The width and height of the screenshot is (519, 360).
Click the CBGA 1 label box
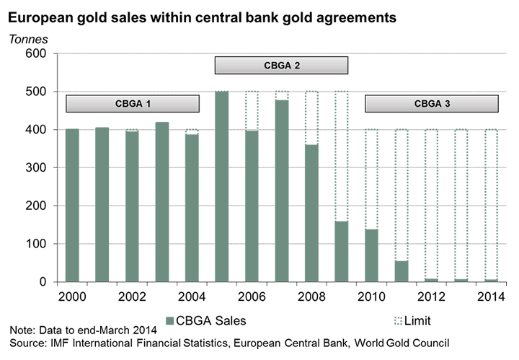pos(133,104)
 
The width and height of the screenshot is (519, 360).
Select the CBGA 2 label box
pos(282,66)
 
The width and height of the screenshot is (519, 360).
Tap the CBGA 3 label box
pos(432,104)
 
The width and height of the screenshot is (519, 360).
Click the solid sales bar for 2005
pos(222,186)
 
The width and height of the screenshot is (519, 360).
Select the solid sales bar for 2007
pos(282,190)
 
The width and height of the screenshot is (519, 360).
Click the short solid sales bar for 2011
pos(402,271)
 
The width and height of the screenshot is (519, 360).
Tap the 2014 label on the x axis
pos(492,297)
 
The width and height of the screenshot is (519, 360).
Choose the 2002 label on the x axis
pos(132,297)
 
